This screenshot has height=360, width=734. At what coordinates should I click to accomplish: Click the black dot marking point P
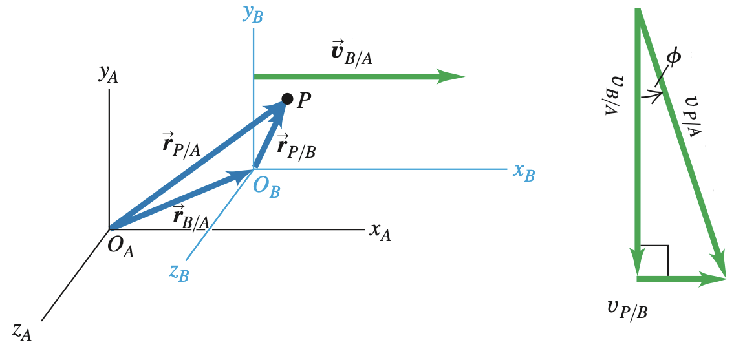287,99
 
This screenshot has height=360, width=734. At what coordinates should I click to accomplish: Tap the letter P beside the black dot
305,101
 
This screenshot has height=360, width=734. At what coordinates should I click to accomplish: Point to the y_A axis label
108,73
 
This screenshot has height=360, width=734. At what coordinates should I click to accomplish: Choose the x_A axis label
380,231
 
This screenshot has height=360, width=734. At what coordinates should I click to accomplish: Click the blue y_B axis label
253,14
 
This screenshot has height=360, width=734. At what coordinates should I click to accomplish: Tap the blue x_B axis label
524,172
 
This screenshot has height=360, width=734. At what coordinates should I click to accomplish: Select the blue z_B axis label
179,272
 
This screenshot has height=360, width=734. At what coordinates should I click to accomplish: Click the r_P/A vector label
182,146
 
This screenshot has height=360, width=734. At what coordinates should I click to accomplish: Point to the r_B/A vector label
191,217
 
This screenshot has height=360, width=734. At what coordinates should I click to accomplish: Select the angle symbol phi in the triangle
673,58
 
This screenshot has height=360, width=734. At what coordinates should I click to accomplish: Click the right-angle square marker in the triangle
655,260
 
